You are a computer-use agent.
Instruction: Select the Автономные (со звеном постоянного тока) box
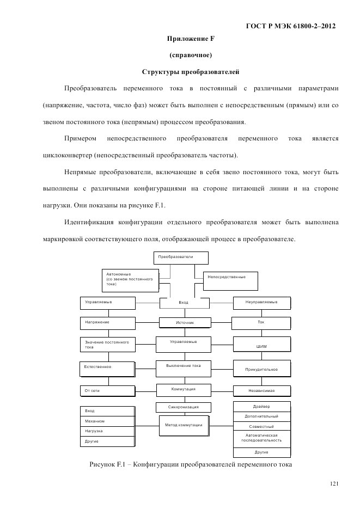130,279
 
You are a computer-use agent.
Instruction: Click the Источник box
185,323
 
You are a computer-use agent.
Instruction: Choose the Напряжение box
108,323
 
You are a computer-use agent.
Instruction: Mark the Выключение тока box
183,368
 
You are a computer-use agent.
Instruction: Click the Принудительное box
261,369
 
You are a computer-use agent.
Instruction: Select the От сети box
107,390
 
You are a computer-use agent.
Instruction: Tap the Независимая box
261,391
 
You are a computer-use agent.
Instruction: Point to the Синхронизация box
183,407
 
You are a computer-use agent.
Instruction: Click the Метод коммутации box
183,425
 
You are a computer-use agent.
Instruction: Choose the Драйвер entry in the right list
261,407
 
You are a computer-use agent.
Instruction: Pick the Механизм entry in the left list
107,421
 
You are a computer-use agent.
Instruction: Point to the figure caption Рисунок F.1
191,464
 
